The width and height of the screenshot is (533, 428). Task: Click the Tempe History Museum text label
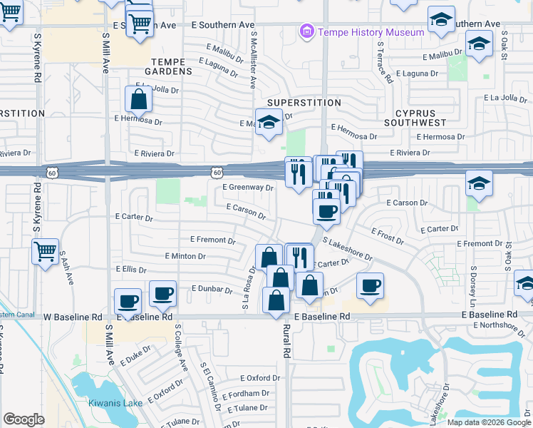click(x=371, y=32)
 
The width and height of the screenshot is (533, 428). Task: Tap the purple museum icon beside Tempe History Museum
click(x=307, y=31)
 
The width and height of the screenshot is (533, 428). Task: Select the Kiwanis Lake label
click(x=110, y=403)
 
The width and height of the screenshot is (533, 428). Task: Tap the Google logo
click(x=24, y=419)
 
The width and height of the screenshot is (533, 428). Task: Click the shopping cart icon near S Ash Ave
click(x=45, y=250)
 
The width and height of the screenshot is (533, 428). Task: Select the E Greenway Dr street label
click(x=248, y=188)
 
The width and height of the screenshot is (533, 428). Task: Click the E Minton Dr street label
click(x=185, y=256)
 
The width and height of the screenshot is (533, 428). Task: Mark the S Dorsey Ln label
click(x=472, y=285)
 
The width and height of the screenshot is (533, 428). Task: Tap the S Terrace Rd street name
click(x=385, y=62)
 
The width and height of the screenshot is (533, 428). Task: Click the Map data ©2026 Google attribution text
click(x=489, y=422)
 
